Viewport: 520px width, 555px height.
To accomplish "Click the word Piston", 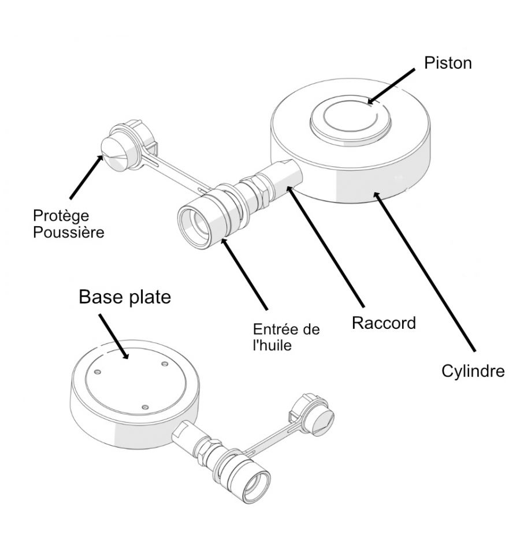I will tap(448, 63).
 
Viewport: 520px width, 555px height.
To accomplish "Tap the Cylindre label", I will tap(473, 370).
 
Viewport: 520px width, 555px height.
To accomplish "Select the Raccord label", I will tap(384, 323).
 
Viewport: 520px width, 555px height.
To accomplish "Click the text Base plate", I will tap(125, 297).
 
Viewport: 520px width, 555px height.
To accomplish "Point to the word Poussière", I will tap(69, 232).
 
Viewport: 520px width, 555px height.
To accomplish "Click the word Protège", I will tap(61, 216).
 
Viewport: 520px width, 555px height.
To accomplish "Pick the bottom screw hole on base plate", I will tap(146, 407).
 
